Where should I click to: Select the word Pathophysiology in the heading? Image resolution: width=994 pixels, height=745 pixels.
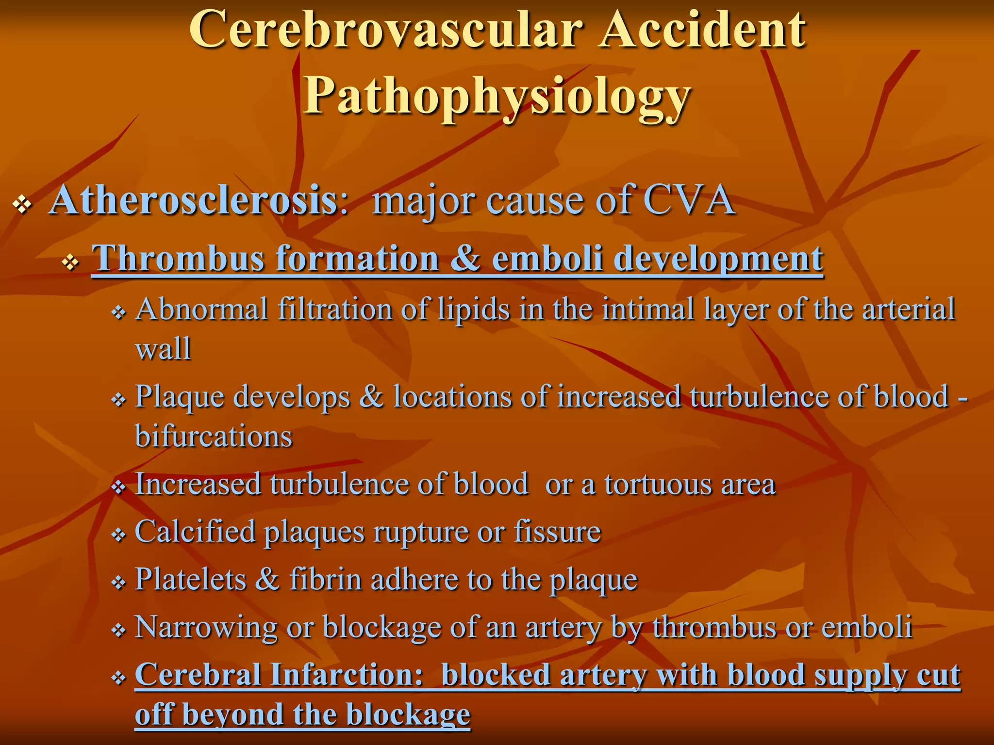tap(497, 96)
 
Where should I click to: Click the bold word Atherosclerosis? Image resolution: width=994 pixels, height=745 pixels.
tap(193, 200)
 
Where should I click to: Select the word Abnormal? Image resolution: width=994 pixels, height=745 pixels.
tap(201, 309)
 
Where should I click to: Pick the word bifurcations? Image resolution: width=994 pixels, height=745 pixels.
tap(214, 436)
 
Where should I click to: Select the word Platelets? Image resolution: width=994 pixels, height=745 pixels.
tap(190, 579)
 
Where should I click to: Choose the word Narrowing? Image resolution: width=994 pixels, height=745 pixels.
tap(206, 627)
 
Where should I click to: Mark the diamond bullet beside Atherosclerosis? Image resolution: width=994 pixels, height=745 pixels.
tap(22, 204)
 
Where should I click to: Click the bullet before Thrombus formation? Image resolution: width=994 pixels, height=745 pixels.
tap(71, 262)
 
